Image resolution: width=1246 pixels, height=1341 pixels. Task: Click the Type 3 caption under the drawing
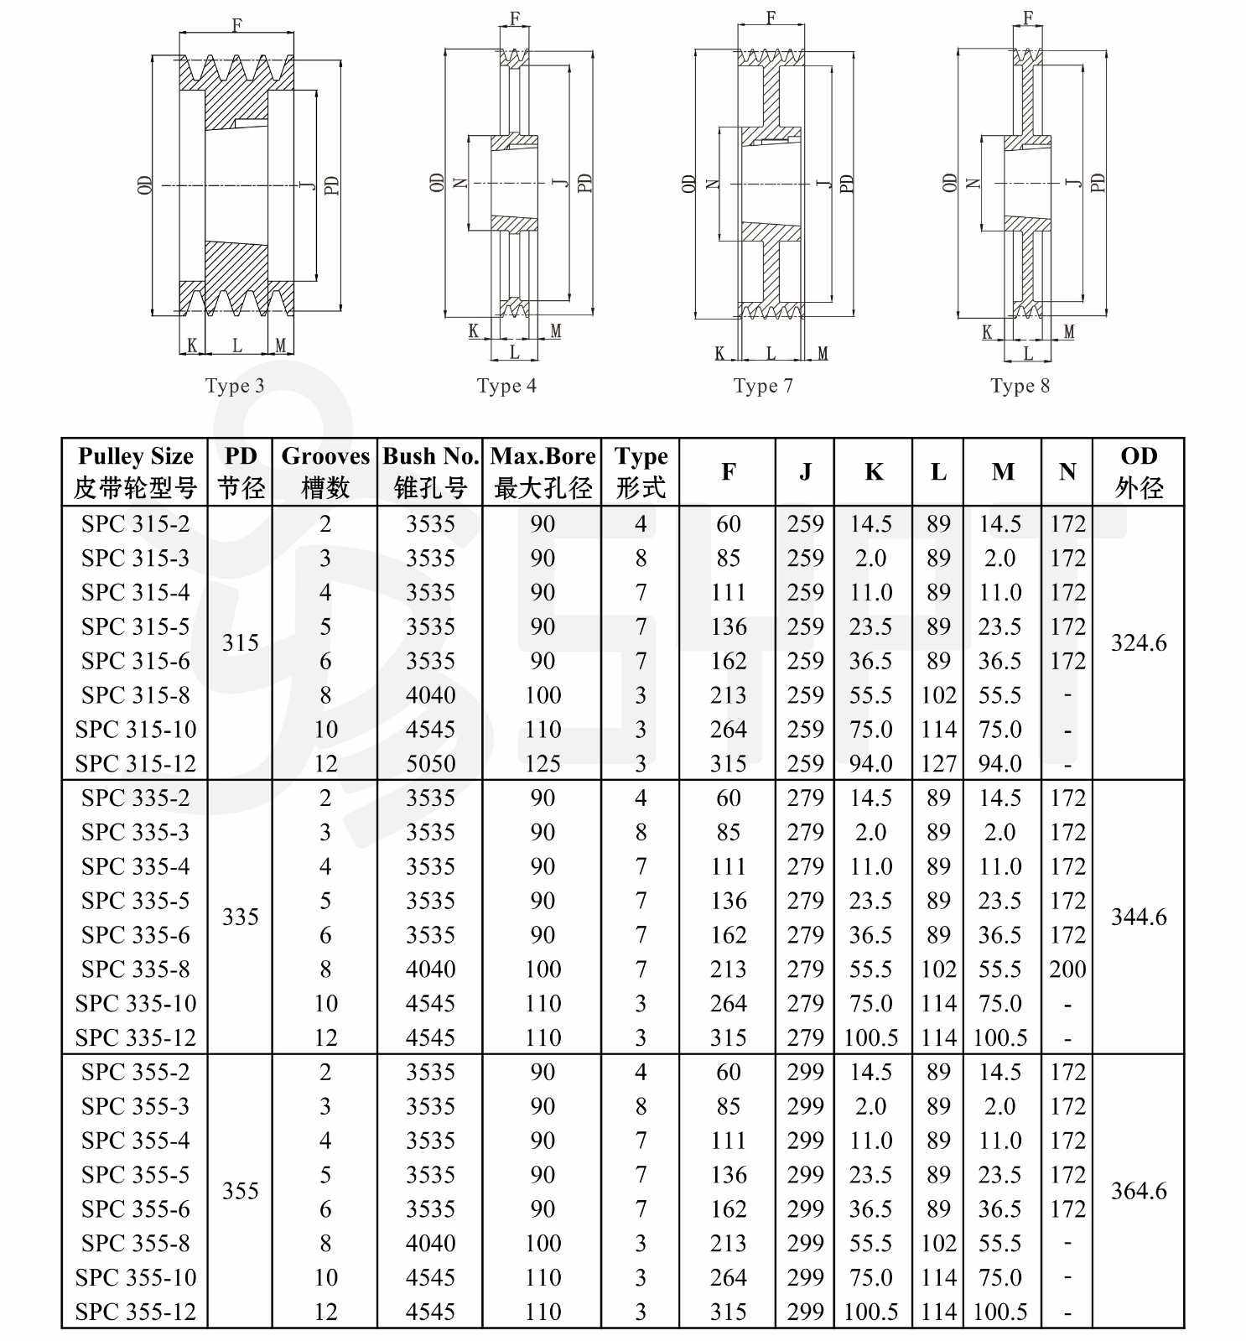point(235,386)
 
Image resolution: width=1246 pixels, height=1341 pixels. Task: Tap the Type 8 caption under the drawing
point(1020,386)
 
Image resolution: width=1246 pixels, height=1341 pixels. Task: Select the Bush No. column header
point(430,471)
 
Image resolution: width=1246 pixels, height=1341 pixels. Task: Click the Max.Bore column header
point(543,471)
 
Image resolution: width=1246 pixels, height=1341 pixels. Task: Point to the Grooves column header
point(325,471)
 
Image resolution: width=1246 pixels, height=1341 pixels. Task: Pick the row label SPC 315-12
point(135,764)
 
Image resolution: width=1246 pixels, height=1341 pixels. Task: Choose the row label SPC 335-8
point(135,969)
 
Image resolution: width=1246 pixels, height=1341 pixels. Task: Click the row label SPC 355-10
point(135,1277)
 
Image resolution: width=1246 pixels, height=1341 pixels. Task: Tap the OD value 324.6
point(1139,643)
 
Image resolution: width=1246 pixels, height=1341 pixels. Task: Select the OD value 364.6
point(1139,1191)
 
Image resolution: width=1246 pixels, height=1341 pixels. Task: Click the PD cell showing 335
point(240,917)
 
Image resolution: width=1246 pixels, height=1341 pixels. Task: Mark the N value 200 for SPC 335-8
point(1067,969)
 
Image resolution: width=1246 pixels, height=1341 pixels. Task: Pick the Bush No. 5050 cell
point(430,764)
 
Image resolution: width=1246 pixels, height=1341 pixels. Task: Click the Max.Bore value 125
point(543,764)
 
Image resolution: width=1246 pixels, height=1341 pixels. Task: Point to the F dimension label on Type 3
point(236,25)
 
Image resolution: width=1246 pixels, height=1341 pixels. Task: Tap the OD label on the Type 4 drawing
point(437,183)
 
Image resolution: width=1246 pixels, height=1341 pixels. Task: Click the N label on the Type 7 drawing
point(713,184)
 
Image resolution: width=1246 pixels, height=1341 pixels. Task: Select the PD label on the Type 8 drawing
point(1098,183)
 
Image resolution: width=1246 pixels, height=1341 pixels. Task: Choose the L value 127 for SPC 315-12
point(938,764)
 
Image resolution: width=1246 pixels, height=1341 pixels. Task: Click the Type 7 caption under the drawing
point(763,386)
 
